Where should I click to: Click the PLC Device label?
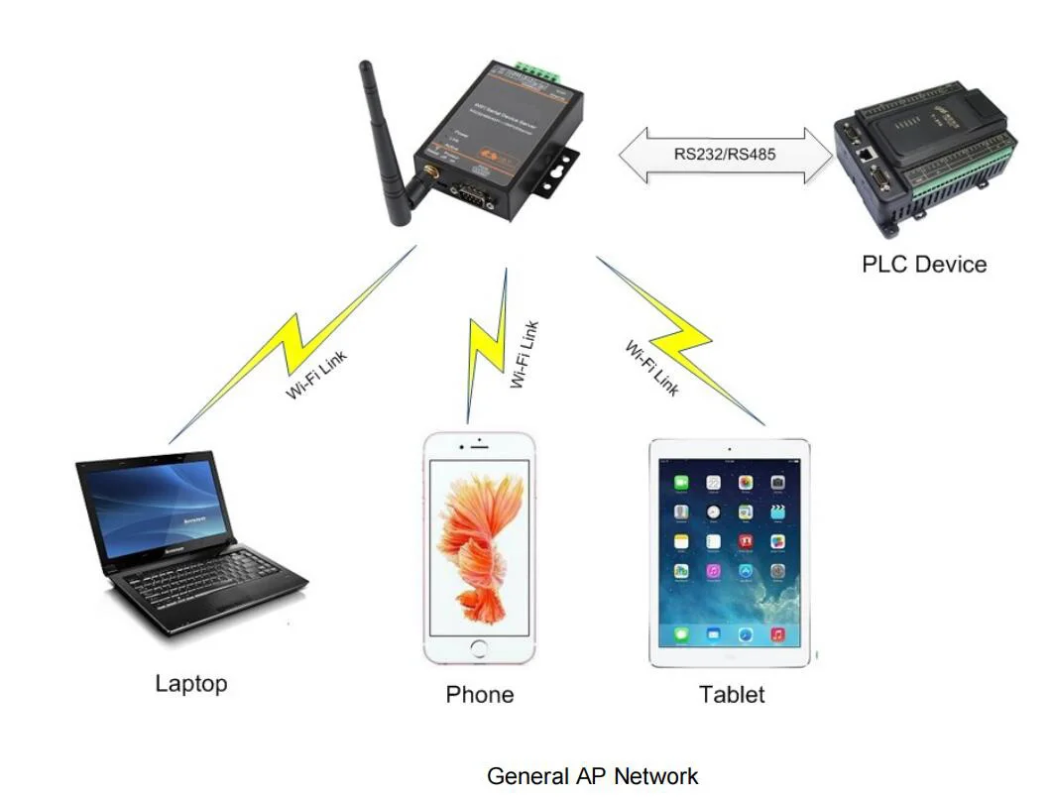[x=923, y=265]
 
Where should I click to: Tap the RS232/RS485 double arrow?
[x=725, y=155]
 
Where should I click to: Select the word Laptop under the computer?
[x=191, y=683]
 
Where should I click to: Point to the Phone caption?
[x=480, y=695]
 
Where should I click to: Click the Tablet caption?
[x=732, y=695]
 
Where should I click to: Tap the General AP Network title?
[x=593, y=776]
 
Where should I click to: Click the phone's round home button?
[x=480, y=649]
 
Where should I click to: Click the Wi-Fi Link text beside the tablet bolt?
[x=651, y=368]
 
